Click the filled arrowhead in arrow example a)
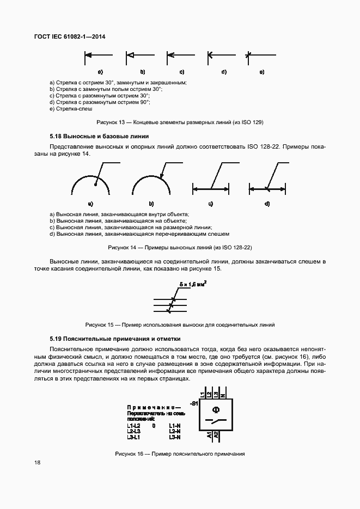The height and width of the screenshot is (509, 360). (x=88, y=54)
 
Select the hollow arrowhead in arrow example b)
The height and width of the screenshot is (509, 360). (x=130, y=54)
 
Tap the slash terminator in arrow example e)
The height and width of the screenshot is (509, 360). (x=248, y=54)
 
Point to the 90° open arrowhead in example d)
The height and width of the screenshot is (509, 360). (x=210, y=54)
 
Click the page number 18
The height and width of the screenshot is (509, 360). (x=36, y=463)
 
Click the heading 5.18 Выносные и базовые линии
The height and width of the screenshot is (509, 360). (x=99, y=136)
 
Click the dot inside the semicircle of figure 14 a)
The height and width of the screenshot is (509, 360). (x=94, y=184)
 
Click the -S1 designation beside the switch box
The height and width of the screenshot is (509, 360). (x=193, y=403)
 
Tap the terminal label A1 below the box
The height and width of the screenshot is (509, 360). (x=209, y=435)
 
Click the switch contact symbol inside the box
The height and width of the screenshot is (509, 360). (x=216, y=421)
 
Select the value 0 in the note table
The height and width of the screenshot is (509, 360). (x=154, y=426)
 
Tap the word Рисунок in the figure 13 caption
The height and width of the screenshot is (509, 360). (x=106, y=122)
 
